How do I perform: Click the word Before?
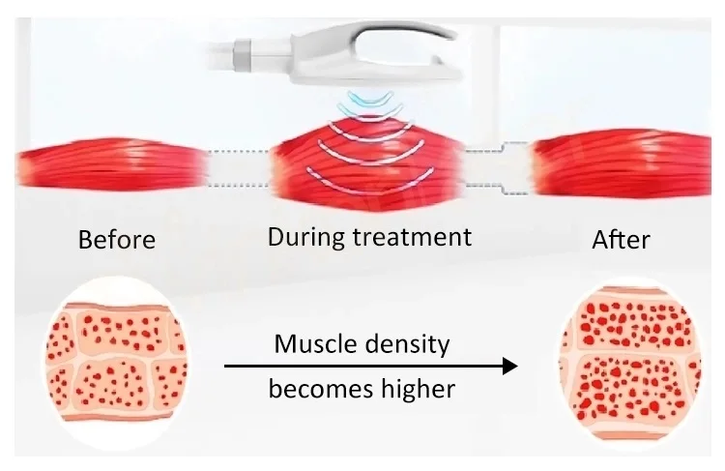[116, 238]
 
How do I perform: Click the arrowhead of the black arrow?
[508, 367]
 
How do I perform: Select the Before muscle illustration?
[112, 166]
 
